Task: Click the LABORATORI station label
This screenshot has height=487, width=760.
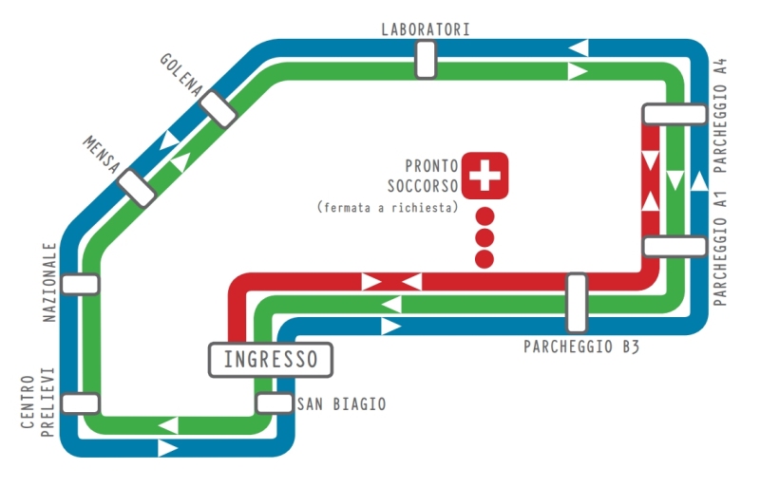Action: click(x=425, y=28)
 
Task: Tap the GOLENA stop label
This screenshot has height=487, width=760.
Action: click(x=181, y=74)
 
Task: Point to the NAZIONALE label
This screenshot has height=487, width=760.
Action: click(x=50, y=282)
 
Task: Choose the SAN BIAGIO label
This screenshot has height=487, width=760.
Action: click(x=342, y=403)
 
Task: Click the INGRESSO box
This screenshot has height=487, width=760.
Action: click(x=271, y=360)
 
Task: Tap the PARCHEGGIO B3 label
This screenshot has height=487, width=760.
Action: click(x=581, y=347)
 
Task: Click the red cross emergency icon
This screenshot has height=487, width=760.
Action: click(x=485, y=174)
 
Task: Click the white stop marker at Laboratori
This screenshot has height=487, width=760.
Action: click(x=425, y=60)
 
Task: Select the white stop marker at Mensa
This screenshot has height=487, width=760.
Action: click(x=138, y=188)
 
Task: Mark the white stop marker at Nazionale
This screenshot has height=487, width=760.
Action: click(x=80, y=283)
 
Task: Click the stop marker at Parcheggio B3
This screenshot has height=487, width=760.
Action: click(x=576, y=303)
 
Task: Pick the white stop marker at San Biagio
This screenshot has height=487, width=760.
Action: click(x=275, y=403)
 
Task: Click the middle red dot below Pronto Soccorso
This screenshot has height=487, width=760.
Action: click(x=484, y=236)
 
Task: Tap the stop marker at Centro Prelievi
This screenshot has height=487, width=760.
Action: click(x=80, y=403)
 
